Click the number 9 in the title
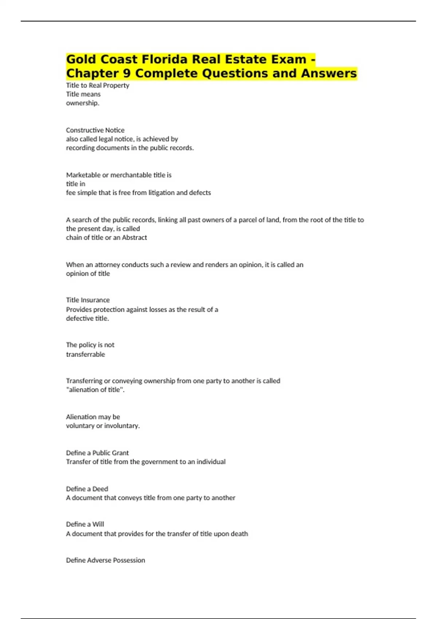(x=127, y=74)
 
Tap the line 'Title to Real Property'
(x=98, y=85)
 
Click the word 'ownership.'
(x=83, y=103)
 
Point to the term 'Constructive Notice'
(x=95, y=130)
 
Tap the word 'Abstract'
(x=134, y=237)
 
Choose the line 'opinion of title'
(x=88, y=273)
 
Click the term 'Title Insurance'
(x=88, y=300)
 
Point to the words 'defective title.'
(x=87, y=318)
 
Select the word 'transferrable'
(x=86, y=354)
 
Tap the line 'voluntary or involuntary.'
(x=103, y=426)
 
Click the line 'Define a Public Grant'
(x=97, y=453)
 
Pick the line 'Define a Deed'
(x=87, y=489)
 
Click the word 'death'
(x=239, y=534)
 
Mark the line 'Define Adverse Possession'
(x=105, y=560)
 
